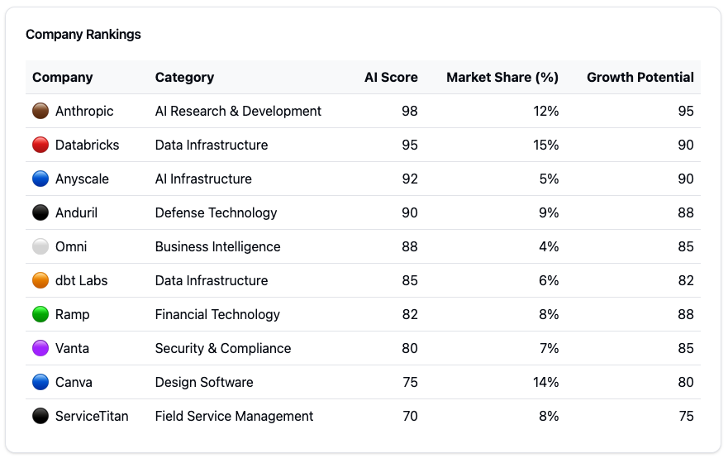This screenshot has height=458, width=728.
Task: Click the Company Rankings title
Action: [83, 35]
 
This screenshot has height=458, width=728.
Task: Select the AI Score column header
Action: [391, 77]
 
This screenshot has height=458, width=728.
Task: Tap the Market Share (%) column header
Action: [502, 77]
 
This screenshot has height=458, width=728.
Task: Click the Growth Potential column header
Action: [640, 77]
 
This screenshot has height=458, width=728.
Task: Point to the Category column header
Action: [184, 78]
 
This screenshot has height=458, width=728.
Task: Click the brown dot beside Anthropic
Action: [40, 111]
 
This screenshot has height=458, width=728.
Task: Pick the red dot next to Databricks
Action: [40, 145]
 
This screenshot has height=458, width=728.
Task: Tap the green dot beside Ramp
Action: [40, 314]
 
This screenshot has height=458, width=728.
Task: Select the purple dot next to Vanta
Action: [40, 348]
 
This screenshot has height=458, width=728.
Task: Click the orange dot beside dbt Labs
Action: [40, 280]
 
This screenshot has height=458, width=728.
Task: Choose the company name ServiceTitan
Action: [92, 416]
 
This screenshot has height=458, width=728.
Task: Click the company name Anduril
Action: [77, 212]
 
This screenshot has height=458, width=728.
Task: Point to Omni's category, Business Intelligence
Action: [218, 246]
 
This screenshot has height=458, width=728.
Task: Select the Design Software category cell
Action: [204, 382]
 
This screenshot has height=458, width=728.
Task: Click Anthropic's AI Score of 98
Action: [410, 111]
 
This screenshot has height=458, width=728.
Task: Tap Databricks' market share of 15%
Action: [546, 145]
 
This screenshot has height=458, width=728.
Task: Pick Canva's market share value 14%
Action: [546, 382]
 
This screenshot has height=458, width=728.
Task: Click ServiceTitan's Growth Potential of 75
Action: [686, 416]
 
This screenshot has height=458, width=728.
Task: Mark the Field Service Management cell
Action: [234, 416]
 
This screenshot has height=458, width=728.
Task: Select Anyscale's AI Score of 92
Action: [410, 179]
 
